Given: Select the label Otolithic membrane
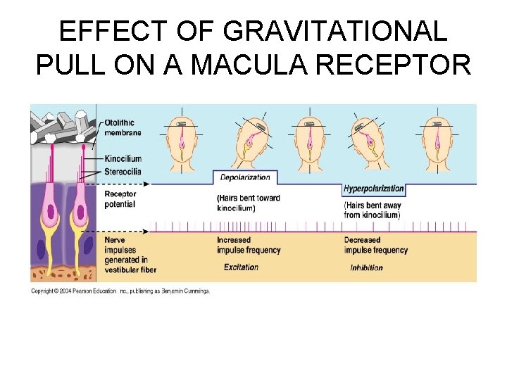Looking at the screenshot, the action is (123, 127).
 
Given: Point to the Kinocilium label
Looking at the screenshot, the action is (125, 158).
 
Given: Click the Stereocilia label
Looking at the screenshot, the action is (125, 171).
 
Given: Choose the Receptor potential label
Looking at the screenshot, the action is (120, 199).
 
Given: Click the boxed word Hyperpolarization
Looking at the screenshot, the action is (374, 189).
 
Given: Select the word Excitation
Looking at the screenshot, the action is (241, 267).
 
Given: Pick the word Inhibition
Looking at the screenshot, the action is (366, 268).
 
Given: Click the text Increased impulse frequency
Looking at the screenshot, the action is (249, 245).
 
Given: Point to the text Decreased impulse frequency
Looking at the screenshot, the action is (376, 245).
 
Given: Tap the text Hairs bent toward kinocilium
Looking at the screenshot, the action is (249, 203).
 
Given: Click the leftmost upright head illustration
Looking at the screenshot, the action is (182, 141).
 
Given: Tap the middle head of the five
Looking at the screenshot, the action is (310, 141).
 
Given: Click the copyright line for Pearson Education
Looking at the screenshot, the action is (120, 291).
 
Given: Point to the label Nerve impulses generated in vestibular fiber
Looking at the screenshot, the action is (130, 255).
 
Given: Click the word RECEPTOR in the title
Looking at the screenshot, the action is (401, 65).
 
